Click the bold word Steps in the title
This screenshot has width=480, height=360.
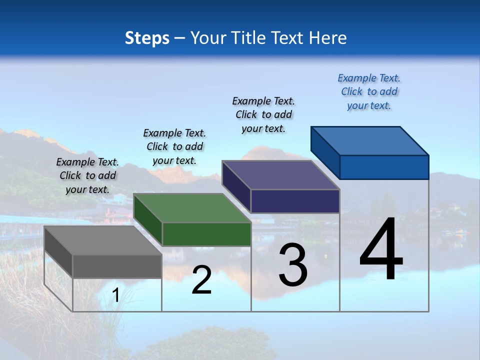[x=147, y=38]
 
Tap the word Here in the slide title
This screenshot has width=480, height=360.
[x=328, y=38]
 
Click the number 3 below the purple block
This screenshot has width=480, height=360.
[x=293, y=265]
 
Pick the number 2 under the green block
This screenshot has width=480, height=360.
[x=201, y=280]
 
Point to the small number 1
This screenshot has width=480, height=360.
[x=115, y=295]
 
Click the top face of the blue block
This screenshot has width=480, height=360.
[x=370, y=141]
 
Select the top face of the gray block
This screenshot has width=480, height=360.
[x=103, y=240]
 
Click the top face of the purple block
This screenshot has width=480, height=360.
[x=281, y=175]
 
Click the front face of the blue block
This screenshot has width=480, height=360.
[x=384, y=167]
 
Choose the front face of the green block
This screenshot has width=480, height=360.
[x=206, y=234]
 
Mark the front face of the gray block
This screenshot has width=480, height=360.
[x=117, y=266]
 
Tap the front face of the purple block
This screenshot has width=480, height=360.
[x=295, y=201]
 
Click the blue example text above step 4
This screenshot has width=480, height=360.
[x=369, y=91]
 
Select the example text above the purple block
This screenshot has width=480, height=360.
[x=263, y=114]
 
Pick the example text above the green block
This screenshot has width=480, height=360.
[x=174, y=146]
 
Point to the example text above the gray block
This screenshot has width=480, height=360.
[x=87, y=175]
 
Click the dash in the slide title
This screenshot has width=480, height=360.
[x=179, y=38]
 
